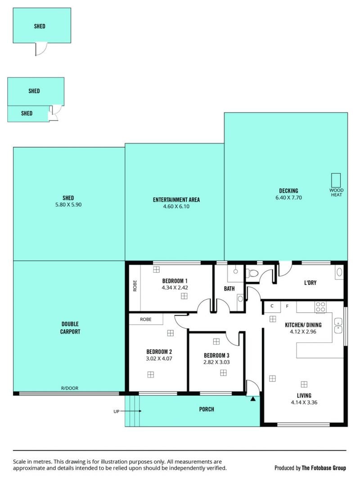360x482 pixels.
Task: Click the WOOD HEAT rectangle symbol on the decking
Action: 336,180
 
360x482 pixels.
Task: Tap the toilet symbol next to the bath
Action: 252,273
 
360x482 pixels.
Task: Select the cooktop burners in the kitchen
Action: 320,307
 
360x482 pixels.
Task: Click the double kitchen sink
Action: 338,325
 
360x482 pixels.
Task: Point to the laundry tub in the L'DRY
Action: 339,272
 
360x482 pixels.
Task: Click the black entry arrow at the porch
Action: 253,399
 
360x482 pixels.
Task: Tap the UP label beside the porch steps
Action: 116,411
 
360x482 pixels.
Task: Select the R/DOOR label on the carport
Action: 70,388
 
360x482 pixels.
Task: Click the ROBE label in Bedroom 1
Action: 135,286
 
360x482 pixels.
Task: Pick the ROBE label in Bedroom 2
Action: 146,320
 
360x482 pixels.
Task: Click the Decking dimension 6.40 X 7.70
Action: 289,198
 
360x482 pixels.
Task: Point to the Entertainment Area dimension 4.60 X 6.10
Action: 176,207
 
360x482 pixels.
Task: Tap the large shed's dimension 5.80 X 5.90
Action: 68,205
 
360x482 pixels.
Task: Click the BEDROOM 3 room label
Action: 216,356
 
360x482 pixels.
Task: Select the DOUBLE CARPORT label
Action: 70,328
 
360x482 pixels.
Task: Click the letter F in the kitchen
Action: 287,306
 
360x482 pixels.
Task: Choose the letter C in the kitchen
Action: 272,306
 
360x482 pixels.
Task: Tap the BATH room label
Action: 229,288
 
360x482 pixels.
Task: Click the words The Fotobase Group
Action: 324,468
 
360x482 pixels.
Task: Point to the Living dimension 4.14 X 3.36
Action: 304,402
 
